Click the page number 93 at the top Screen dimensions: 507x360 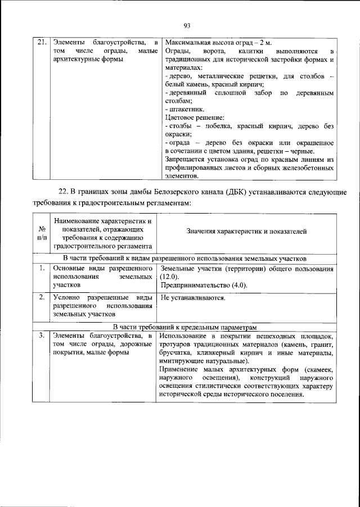187,25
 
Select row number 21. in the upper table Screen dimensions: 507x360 40,43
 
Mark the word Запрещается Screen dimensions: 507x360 189,160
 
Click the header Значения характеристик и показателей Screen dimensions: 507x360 247,232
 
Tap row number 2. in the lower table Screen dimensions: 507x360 42,297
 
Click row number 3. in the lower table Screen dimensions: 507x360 42,336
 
